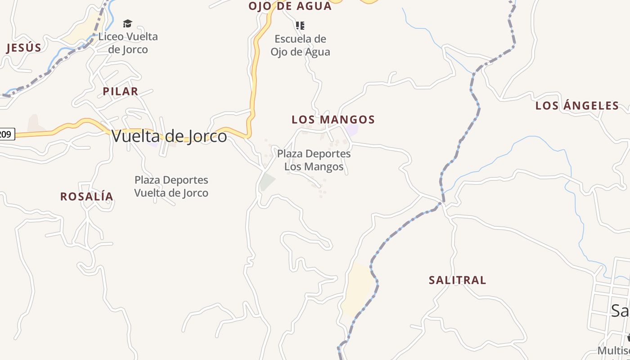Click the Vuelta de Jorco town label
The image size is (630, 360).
(169, 136)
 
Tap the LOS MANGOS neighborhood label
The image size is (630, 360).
(333, 120)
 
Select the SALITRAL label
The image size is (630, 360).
(457, 280)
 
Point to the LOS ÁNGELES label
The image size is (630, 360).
(577, 106)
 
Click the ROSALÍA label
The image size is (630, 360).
(87, 197)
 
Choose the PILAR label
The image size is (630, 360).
(120, 91)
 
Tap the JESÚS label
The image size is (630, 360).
(24, 48)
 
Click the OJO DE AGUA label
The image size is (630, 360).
(290, 6)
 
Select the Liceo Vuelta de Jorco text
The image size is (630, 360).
(128, 43)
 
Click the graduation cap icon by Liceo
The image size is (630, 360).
(128, 24)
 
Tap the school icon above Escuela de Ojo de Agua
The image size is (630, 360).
(300, 25)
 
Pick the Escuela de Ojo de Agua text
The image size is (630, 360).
(300, 45)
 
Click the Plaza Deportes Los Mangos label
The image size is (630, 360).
(314, 160)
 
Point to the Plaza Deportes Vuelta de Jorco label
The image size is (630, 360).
(171, 186)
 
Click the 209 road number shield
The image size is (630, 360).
(6, 134)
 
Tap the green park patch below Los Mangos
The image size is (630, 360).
(267, 182)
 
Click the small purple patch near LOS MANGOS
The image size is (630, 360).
(352, 130)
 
